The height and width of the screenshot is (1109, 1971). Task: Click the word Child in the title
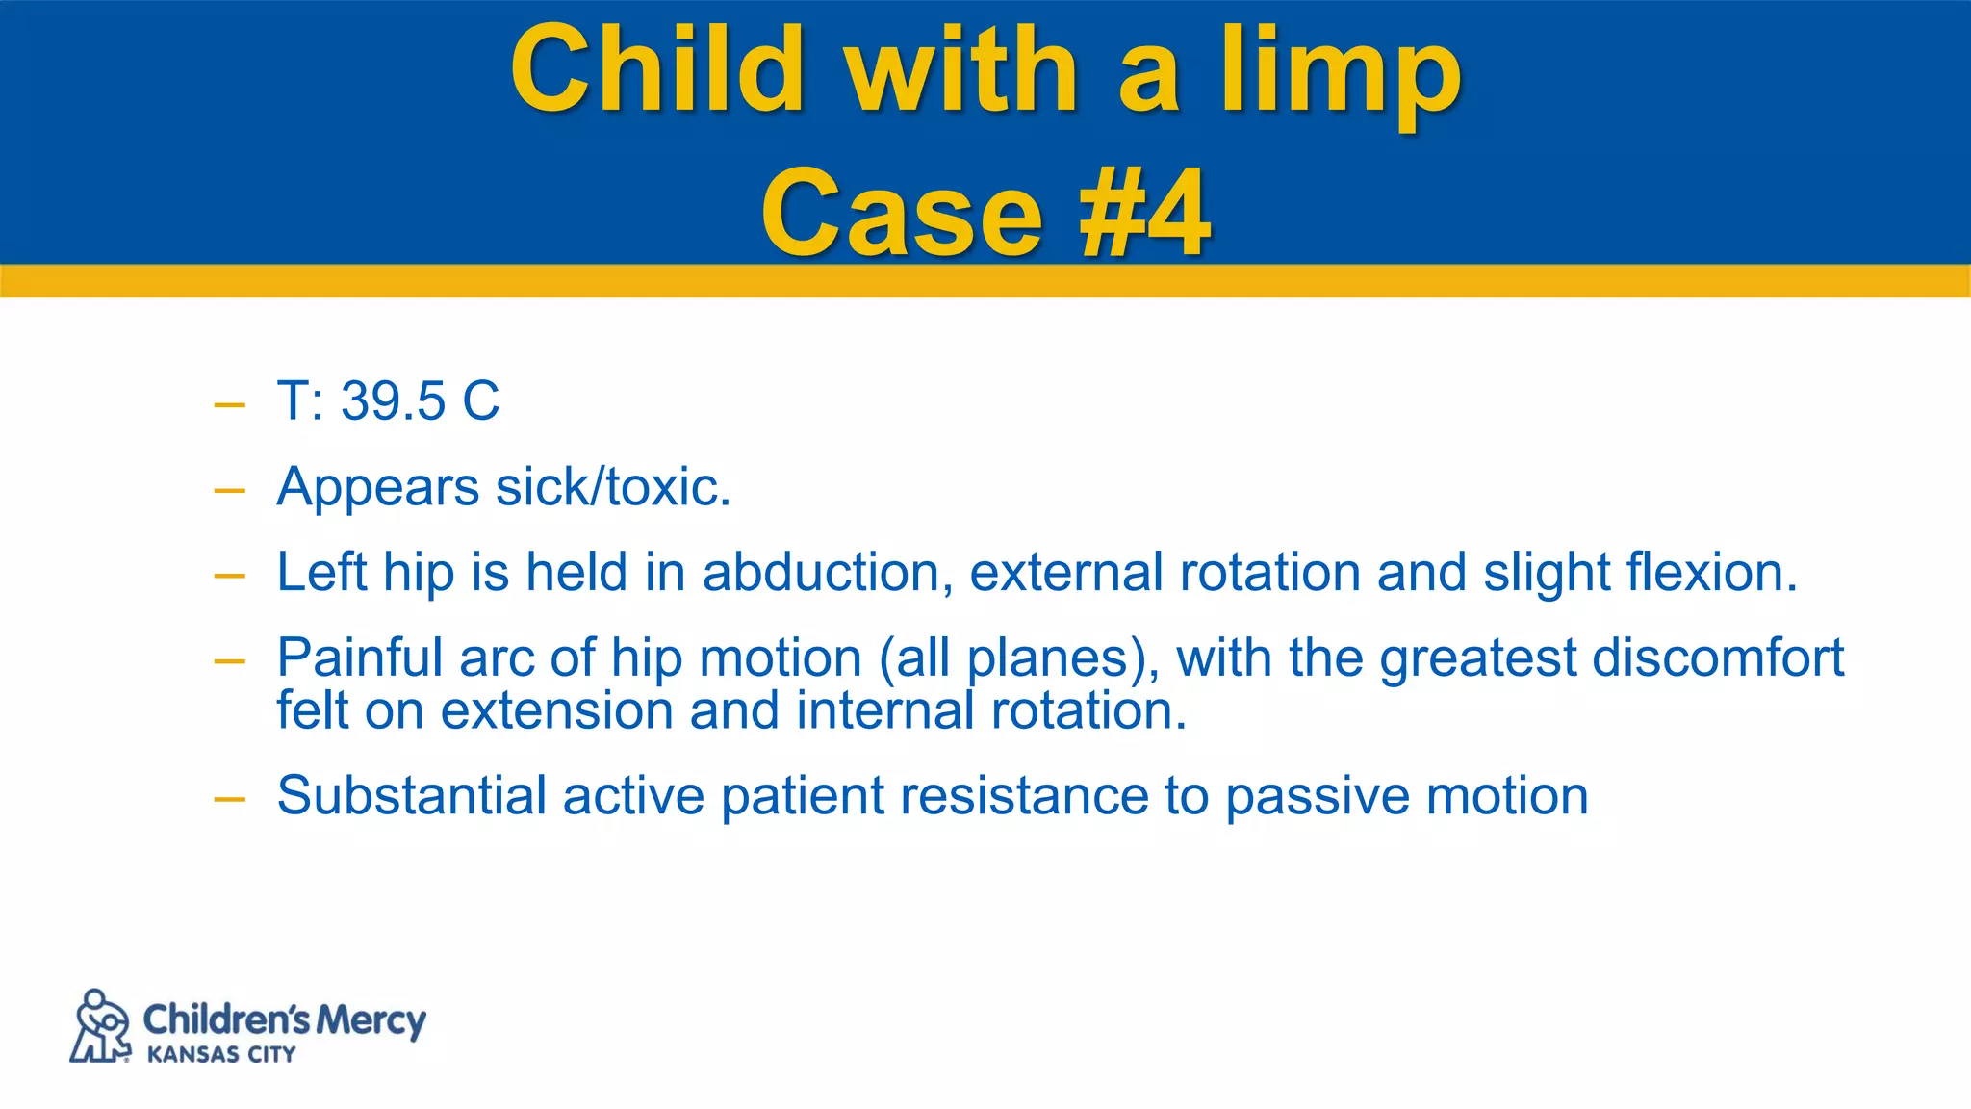(657, 69)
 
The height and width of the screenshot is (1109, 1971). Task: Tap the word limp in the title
(1341, 73)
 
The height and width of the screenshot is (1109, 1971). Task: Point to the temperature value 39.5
(393, 401)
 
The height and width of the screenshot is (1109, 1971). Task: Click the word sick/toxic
(612, 487)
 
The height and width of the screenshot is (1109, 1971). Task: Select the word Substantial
(412, 796)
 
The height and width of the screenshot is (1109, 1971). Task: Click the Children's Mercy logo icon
(101, 1026)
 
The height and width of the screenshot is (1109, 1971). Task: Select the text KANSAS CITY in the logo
(221, 1055)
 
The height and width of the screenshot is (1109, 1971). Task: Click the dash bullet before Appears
(230, 490)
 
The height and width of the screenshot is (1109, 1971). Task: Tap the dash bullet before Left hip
(230, 576)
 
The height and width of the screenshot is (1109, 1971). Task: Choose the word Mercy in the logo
(371, 1020)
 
